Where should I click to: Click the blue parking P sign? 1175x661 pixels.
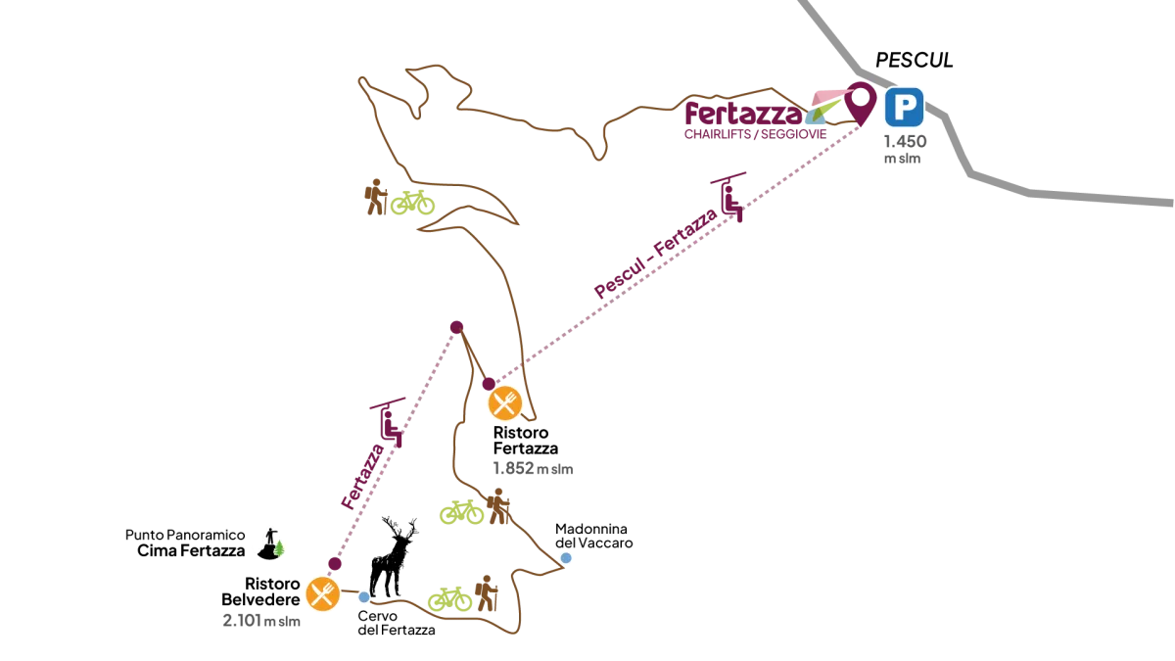(x=904, y=107)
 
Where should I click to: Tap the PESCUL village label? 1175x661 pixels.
(x=915, y=61)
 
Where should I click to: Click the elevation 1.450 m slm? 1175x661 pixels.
(x=905, y=149)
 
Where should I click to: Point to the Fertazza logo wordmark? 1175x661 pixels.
(x=743, y=113)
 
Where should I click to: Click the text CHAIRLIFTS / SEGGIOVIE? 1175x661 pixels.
(x=755, y=134)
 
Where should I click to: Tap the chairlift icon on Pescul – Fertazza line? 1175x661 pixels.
(x=729, y=197)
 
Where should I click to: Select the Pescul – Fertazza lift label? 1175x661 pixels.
(x=656, y=253)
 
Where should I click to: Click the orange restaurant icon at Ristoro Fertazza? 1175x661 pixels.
(x=505, y=402)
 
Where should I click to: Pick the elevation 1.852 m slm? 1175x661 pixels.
(x=533, y=468)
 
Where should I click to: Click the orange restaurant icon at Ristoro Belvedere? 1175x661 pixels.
(x=322, y=593)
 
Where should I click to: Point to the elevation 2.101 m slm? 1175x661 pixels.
(x=261, y=621)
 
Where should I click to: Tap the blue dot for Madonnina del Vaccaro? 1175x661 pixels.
(x=566, y=558)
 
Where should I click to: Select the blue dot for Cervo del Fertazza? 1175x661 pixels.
(x=364, y=597)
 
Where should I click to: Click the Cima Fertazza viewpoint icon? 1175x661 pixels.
(x=270, y=543)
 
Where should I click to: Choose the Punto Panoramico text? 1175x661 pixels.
(x=185, y=535)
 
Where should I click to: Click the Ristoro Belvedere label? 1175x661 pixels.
(x=260, y=591)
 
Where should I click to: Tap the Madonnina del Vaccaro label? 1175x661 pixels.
(x=593, y=536)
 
